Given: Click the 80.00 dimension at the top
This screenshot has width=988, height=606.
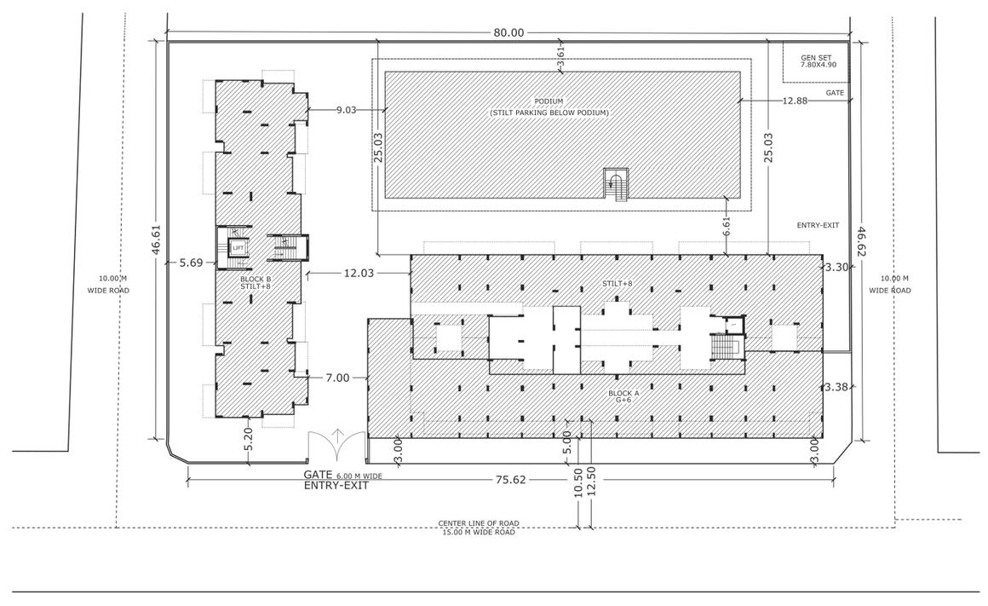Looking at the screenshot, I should (508, 32).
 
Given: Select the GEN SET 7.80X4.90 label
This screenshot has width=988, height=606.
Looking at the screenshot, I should (819, 61).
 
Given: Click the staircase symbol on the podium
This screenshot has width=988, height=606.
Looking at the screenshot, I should (615, 184).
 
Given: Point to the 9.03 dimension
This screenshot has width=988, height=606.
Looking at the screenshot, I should (347, 109).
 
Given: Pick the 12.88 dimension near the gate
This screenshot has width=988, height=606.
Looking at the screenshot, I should (794, 101).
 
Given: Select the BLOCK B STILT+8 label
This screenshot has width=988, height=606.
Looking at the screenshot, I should (255, 282).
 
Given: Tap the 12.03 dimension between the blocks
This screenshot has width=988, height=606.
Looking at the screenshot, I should (358, 273).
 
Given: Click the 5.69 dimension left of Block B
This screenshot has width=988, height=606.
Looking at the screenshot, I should (191, 263).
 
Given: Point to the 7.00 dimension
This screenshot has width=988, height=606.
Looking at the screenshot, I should (337, 378).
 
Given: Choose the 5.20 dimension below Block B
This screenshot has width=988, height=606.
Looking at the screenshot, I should (248, 439).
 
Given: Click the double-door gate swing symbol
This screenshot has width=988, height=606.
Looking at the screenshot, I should (337, 442).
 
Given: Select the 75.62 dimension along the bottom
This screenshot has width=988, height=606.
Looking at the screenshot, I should (510, 480).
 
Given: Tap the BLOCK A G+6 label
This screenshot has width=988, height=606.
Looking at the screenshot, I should (623, 396).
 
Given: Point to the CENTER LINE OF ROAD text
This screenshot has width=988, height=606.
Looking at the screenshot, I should (478, 523).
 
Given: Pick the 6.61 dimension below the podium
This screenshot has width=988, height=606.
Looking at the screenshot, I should (726, 227).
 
